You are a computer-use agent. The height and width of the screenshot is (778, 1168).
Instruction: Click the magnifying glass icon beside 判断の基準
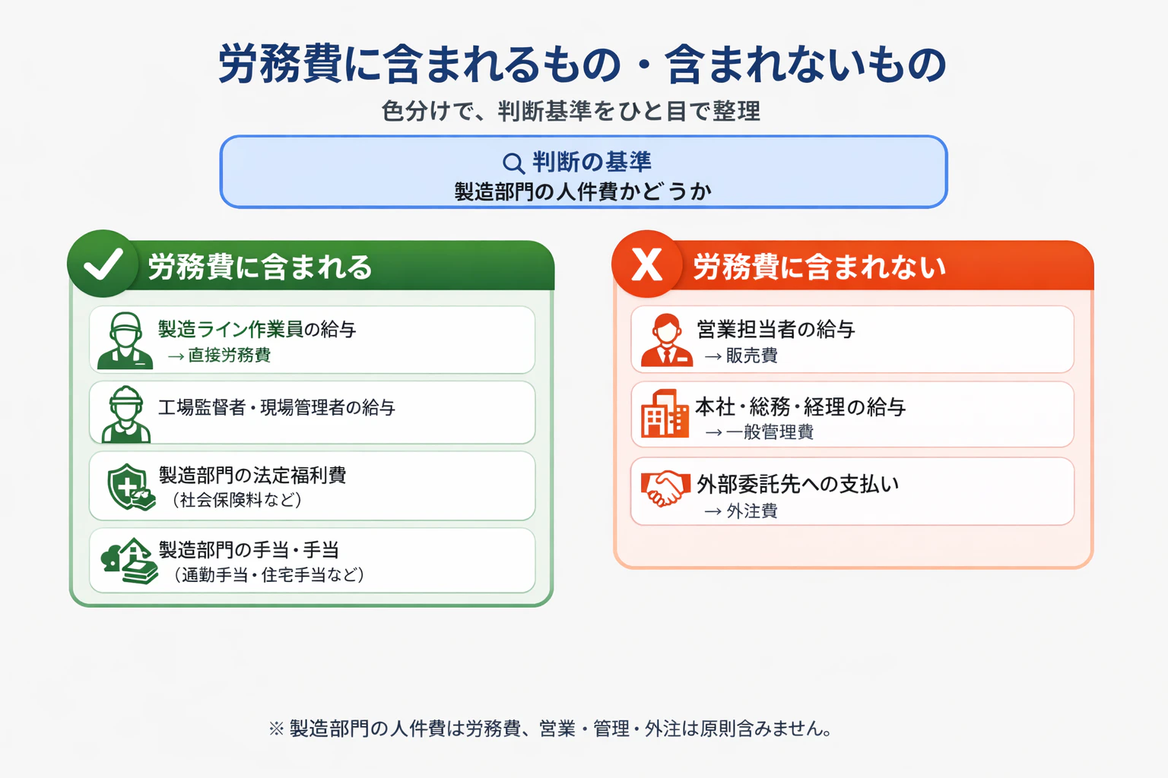pos(513,163)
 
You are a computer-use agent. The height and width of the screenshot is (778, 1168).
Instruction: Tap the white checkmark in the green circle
pos(103,264)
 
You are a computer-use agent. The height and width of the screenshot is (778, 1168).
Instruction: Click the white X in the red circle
pos(646,264)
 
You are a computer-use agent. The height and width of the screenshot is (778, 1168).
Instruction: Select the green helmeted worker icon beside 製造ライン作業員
pos(125,340)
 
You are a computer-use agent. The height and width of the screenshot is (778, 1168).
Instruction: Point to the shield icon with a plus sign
pos(130,487)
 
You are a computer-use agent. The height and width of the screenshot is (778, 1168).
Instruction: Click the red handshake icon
pos(662,488)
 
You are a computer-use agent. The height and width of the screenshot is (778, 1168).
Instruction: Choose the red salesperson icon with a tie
pos(667,340)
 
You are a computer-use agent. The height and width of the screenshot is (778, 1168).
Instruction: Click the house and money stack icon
pos(130,561)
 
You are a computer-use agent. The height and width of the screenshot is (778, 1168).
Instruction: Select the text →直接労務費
pos(219,356)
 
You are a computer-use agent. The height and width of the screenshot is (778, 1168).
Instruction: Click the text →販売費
pos(741,356)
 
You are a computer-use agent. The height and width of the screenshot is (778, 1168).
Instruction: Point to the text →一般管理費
pos(759,432)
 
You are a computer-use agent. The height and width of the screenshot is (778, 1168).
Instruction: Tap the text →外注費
pos(741,511)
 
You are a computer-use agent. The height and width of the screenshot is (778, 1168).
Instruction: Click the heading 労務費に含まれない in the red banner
pos(819,267)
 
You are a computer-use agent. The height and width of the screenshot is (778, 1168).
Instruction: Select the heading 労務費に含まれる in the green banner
pos(259,267)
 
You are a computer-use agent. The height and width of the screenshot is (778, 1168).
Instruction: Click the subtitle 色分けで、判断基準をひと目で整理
pos(571,111)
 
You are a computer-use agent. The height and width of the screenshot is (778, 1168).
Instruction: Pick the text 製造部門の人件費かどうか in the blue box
pos(583,191)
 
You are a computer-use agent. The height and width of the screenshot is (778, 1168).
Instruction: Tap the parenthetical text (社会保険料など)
pos(236,500)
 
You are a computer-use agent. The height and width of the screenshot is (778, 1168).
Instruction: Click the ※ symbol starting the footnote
pos(276,729)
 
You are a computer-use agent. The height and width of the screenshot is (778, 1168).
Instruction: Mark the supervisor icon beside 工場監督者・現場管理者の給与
pos(125,414)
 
